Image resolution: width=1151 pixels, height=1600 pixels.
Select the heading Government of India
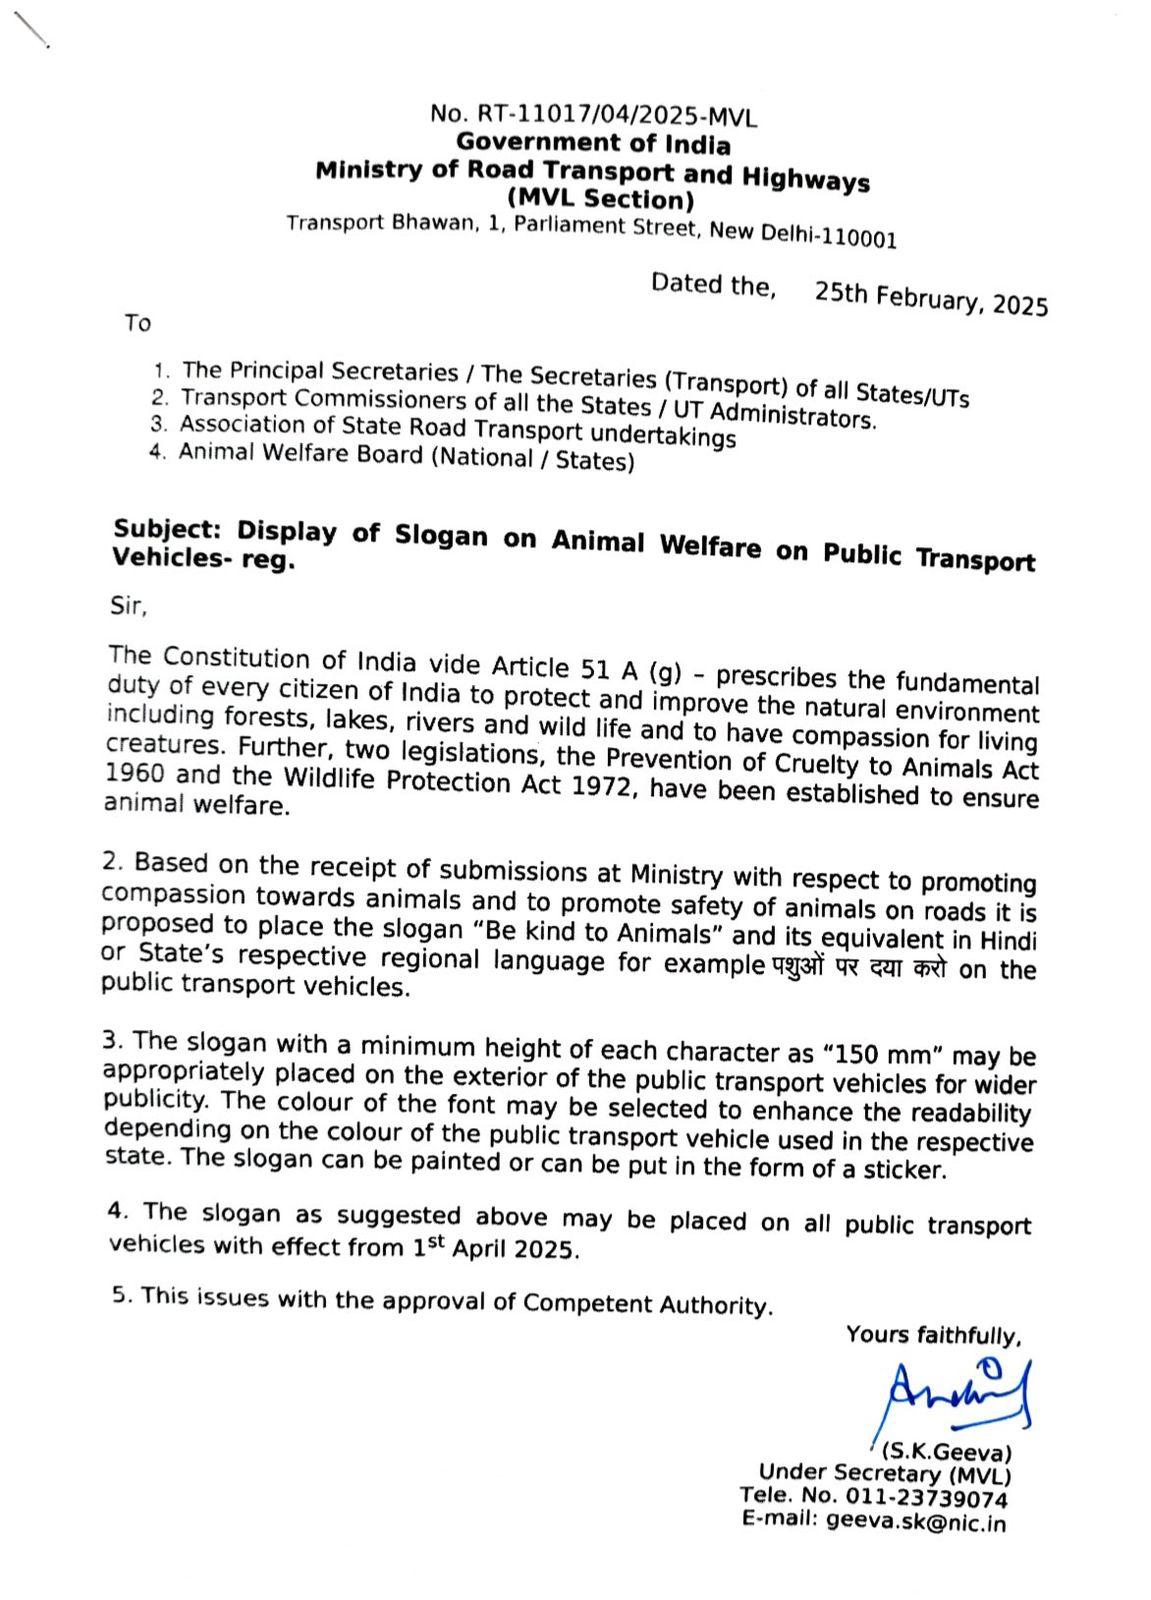(593, 144)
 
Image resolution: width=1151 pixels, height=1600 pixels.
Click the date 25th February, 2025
(931, 298)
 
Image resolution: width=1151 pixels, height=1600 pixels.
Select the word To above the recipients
(138, 323)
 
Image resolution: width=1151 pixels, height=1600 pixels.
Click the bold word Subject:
(167, 527)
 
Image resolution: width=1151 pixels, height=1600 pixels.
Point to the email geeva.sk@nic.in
(916, 1522)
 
